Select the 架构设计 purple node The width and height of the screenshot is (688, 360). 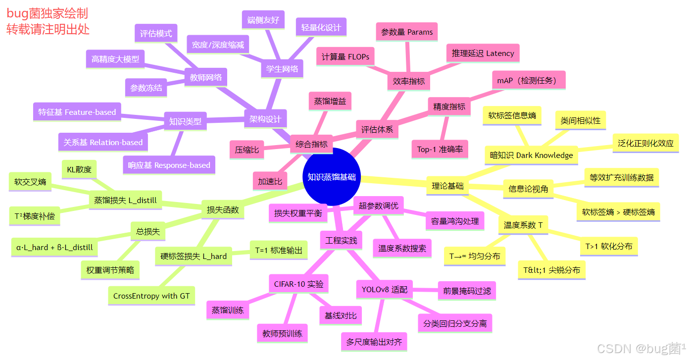coord(265,119)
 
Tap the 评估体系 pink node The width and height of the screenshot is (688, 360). coord(377,130)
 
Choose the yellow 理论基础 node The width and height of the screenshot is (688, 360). coord(447,186)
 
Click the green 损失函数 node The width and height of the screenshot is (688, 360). coord(223,209)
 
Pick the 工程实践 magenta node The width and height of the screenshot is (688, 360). coord(341,241)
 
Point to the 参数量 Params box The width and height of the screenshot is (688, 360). coord(407,32)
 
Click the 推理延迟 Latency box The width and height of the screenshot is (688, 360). coord(483,53)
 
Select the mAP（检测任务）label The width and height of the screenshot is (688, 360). coord(528,80)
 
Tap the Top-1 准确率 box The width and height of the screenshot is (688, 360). coord(440,149)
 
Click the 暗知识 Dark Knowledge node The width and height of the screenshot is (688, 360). coord(531,155)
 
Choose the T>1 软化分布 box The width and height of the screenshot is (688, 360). coord(609,246)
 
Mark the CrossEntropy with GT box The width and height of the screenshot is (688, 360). coord(151,296)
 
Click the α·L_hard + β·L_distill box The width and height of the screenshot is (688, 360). coord(54,247)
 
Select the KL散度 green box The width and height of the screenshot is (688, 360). coord(79,170)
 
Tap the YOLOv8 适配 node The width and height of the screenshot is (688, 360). coord(385,290)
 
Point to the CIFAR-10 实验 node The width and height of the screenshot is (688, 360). coord(298,284)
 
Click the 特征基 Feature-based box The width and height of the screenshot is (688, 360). coord(77,112)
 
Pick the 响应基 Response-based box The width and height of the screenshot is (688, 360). coord(169,165)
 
